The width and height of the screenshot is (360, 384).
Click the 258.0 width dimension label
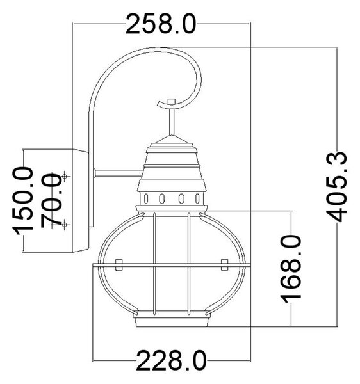click(161, 24)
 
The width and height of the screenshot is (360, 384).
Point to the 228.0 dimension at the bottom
click(171, 360)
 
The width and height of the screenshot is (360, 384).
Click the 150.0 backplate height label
click(23, 200)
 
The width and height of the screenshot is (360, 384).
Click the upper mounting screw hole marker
click(65, 176)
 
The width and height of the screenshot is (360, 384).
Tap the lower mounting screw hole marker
click(65, 225)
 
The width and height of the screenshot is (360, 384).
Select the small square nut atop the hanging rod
click(171, 102)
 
